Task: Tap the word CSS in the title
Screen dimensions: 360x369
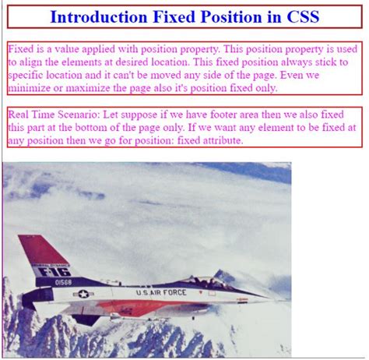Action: (x=300, y=16)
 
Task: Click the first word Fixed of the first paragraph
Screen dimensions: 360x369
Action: (x=20, y=48)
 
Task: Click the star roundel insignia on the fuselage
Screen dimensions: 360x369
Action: (x=83, y=295)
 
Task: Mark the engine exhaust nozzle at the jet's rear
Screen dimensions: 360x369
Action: (x=23, y=299)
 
